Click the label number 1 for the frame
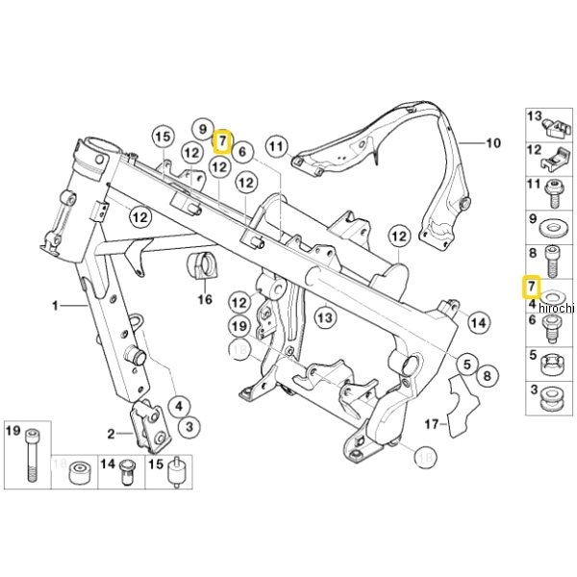[56, 306]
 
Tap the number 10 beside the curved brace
[493, 145]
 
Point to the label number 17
[430, 423]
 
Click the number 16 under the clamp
[204, 300]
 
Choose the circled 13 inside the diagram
[324, 316]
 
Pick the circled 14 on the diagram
[478, 322]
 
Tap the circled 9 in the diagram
[201, 128]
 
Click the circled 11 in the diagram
[278, 146]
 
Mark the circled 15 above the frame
[161, 136]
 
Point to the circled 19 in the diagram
[240, 327]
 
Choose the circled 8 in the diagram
[488, 375]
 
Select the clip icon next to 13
[557, 122]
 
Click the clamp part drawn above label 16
[204, 266]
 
